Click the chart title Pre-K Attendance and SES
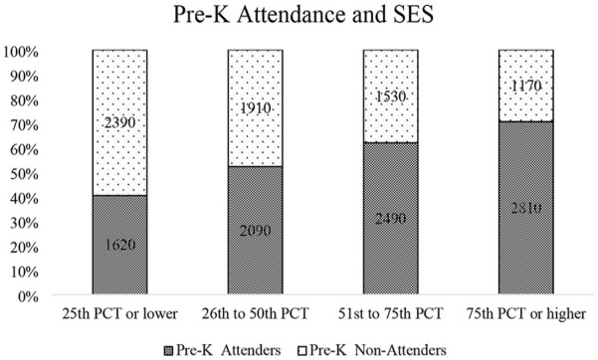(303, 15)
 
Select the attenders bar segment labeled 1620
(119, 245)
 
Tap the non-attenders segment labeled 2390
(119, 122)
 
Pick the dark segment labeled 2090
(255, 231)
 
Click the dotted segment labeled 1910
(255, 108)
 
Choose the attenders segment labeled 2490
(390, 218)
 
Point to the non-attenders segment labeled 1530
(390, 96)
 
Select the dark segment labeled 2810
(526, 208)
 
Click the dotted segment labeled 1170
(526, 86)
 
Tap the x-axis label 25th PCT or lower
(119, 314)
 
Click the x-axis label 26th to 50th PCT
(255, 314)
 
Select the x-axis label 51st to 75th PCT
(390, 314)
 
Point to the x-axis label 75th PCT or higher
(526, 314)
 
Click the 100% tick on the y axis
(21, 52)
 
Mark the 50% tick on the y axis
(25, 174)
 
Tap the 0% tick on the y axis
(29, 296)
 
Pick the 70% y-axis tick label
(25, 125)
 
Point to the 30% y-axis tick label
(25, 223)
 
